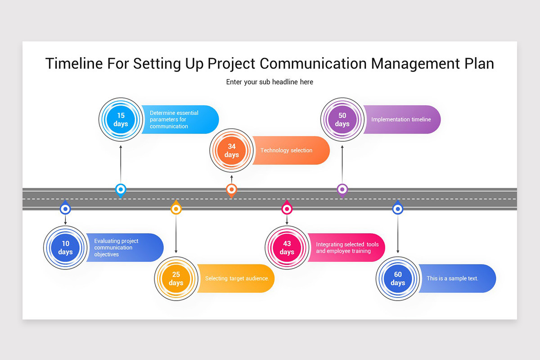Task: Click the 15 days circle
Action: [121, 120]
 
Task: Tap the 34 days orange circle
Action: [231, 151]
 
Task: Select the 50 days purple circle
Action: [342, 120]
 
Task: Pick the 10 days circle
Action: [65, 247]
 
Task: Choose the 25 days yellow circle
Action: [176, 279]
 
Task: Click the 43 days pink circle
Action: [287, 247]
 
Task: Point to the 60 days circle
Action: [397, 279]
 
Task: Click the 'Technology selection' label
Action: [286, 150]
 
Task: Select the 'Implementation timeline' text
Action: [401, 120]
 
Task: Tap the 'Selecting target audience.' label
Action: [237, 279]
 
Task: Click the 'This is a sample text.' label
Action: [452, 279]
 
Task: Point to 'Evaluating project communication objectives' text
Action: [116, 247]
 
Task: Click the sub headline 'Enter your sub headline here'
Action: [270, 82]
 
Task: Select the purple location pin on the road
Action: [342, 189]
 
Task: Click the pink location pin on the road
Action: [287, 208]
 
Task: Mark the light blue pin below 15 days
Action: [121, 189]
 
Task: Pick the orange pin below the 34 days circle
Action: [231, 190]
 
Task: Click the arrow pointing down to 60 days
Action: [397, 234]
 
